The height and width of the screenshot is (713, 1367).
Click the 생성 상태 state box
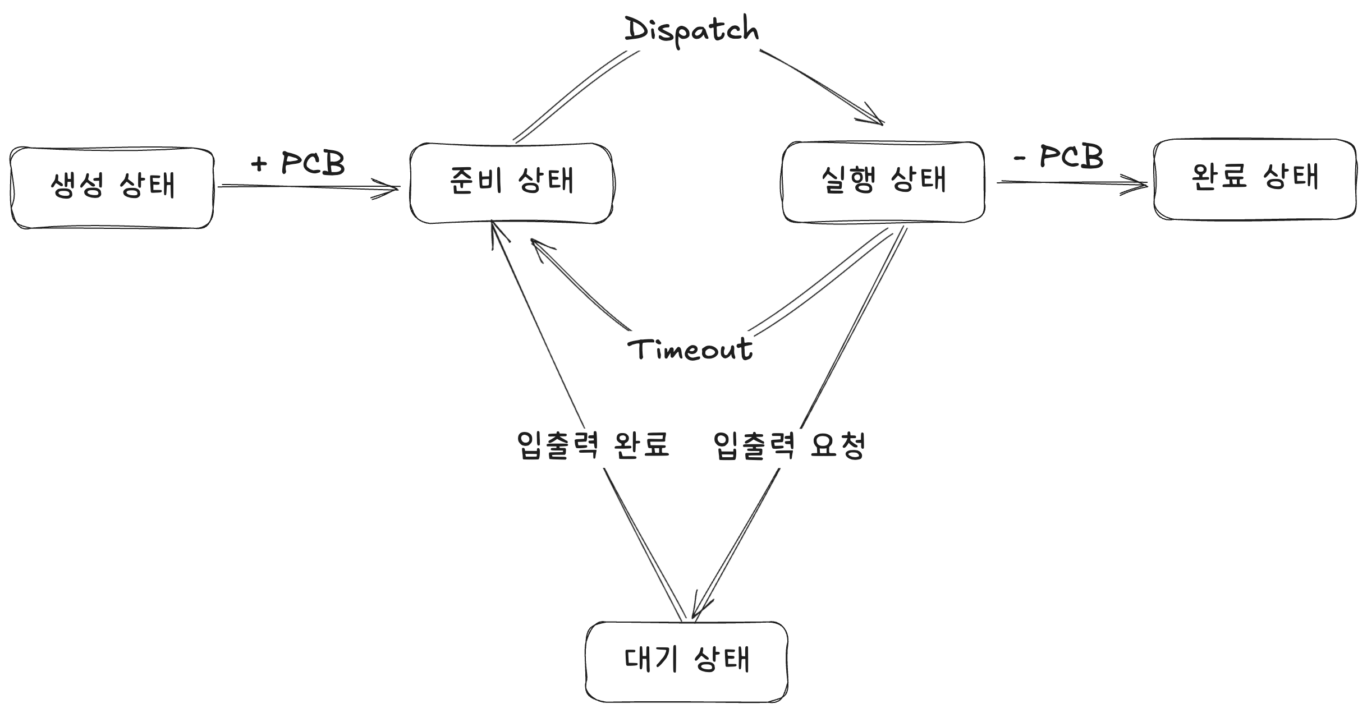pyautogui.click(x=112, y=187)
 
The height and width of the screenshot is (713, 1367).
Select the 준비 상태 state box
pyautogui.click(x=511, y=183)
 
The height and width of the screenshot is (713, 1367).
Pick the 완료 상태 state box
pyautogui.click(x=1254, y=179)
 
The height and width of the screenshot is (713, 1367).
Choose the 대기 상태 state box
pyautogui.click(x=686, y=661)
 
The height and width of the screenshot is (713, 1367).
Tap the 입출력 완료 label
pyautogui.click(x=593, y=446)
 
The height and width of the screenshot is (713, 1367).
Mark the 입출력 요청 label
pyautogui.click(x=790, y=446)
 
